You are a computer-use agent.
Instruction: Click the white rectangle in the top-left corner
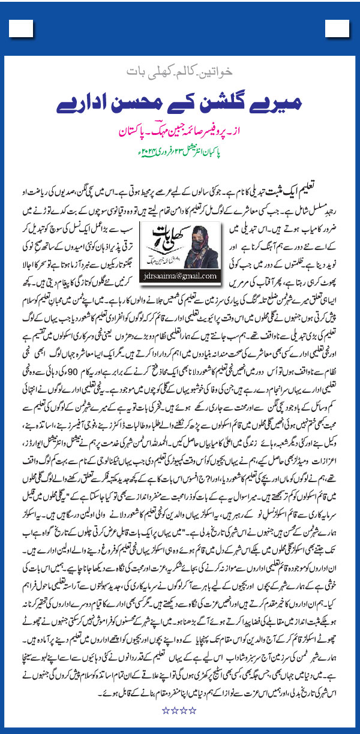(x=24, y=28)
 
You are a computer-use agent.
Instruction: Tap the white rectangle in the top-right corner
(x=335, y=28)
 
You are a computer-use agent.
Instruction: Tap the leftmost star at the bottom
(x=165, y=710)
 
